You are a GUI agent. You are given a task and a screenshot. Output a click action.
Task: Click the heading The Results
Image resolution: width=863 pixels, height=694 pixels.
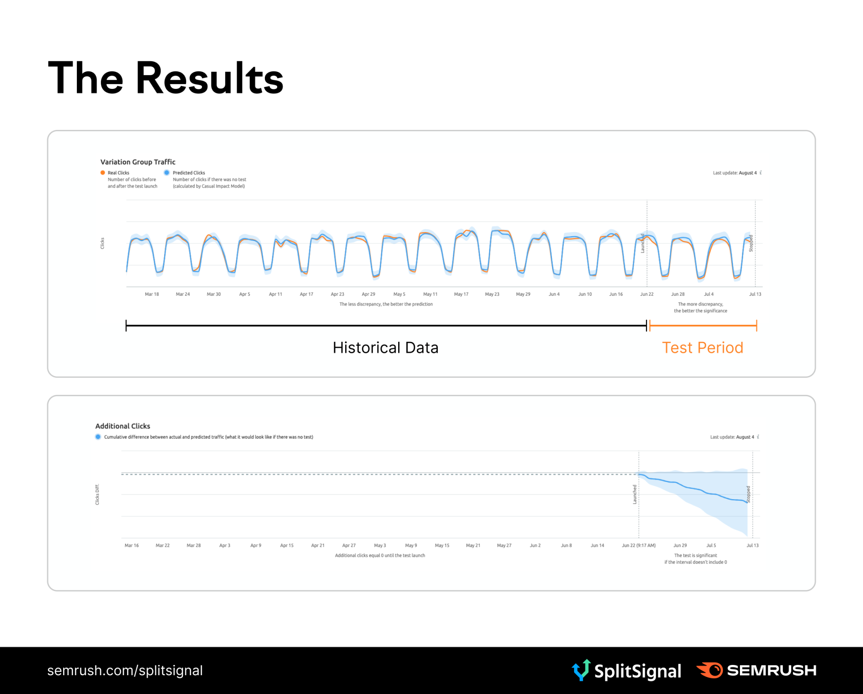pos(166,78)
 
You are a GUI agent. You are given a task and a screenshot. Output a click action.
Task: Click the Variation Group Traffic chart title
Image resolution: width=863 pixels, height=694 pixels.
pos(138,162)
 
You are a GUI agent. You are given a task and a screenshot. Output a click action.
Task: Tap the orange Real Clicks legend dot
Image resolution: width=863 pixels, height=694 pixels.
pos(103,173)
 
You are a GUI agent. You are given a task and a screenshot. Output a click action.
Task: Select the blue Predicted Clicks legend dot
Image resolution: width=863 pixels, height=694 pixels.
pos(167,173)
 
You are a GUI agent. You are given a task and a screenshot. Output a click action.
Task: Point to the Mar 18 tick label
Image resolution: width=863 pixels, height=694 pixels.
pos(152,294)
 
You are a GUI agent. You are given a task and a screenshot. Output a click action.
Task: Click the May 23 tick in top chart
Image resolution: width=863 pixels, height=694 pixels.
pos(492,294)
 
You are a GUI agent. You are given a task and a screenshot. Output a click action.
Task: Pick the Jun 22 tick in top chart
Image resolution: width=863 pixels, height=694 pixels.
pos(646,294)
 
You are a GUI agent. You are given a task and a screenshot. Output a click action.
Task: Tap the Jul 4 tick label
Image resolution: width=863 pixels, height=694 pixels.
pos(709,294)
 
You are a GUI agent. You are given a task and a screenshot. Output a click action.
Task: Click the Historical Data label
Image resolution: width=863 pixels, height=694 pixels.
pos(385,348)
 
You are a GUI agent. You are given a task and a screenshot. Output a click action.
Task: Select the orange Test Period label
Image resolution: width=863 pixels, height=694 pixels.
pos(702,348)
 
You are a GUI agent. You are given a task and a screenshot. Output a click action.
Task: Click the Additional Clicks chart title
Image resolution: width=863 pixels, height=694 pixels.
pos(123,426)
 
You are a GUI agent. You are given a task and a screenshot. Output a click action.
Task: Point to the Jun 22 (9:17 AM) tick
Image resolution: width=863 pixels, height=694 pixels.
pos(638,545)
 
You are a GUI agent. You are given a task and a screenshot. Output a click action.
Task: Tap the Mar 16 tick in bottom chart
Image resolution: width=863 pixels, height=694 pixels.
pos(132,545)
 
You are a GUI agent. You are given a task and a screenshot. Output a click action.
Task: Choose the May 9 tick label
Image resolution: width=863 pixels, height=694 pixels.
pos(411,545)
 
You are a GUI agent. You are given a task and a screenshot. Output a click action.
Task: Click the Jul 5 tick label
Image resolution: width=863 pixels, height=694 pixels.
pos(711,545)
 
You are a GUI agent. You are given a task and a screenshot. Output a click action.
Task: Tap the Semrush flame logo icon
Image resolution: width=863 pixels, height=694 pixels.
pos(710,670)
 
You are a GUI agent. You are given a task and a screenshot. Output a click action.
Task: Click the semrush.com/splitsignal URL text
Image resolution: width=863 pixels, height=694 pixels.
pos(125,670)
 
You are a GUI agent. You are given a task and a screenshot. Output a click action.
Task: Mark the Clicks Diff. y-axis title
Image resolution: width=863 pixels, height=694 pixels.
pos(97,494)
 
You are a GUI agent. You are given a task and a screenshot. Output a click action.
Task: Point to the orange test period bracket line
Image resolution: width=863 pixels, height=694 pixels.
pos(703,326)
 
